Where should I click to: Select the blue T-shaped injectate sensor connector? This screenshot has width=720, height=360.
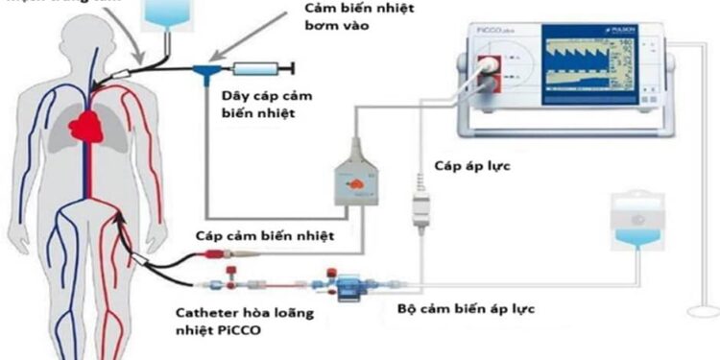[205, 69]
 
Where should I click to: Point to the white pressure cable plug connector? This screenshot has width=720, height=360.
[419, 210]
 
